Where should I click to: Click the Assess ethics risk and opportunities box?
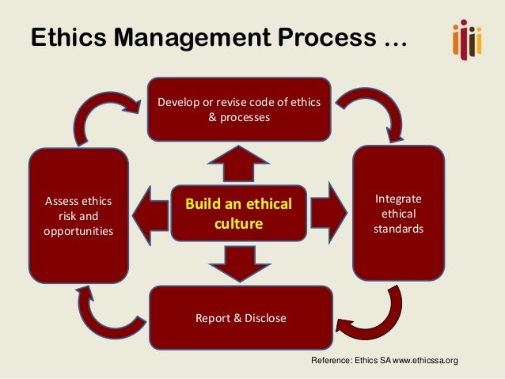[x=78, y=215]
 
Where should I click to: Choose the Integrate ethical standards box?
[x=397, y=212]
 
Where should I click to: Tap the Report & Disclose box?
[x=241, y=318]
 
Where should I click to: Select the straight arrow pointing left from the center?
[x=149, y=213]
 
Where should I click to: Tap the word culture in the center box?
[x=238, y=224]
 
